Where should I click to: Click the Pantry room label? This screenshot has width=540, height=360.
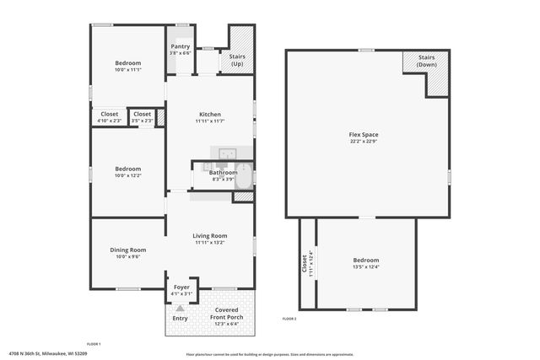pos(181,46)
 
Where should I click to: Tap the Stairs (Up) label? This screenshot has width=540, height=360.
pos(237,60)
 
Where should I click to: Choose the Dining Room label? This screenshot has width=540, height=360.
pos(128,250)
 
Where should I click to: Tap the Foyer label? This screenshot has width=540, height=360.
pos(181,287)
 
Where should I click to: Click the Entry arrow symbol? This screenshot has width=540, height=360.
pos(181,309)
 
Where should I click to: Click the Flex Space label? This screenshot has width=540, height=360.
pos(366,135)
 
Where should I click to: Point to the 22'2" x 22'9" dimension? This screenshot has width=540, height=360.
pos(366,142)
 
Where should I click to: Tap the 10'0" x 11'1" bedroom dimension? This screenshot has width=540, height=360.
pos(128,70)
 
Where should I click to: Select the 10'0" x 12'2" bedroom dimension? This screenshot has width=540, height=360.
pos(128,175)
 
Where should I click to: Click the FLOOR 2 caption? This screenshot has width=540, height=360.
pos(289,319)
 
